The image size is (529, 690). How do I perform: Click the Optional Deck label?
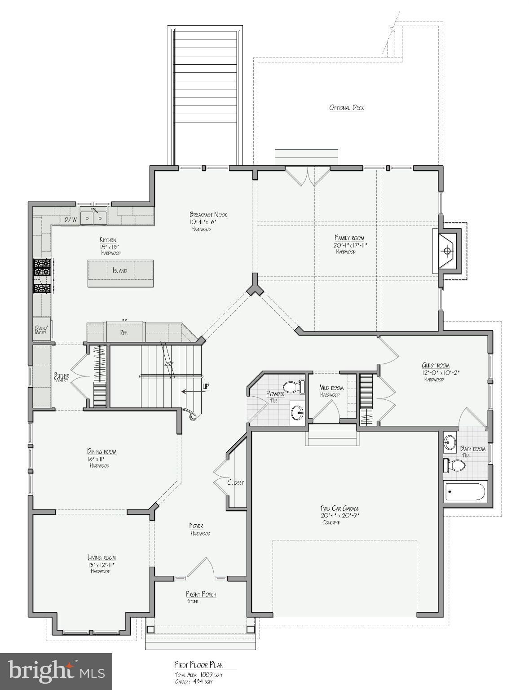(346, 108)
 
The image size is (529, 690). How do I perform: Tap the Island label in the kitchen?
(120, 270)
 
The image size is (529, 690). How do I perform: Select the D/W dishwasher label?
(70, 220)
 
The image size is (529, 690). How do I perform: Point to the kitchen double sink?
(94, 218)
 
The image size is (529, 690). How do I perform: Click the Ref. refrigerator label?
(124, 333)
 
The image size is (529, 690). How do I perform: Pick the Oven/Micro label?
(41, 330)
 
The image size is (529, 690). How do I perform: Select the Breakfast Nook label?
(208, 215)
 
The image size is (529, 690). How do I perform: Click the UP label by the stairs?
(206, 386)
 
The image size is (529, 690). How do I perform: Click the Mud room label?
(331, 388)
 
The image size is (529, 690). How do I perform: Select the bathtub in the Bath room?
(465, 492)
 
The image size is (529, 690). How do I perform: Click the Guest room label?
(435, 365)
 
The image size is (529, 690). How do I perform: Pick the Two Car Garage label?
(340, 509)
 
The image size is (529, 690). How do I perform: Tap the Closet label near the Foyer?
(236, 482)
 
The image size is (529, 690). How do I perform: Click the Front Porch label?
(202, 594)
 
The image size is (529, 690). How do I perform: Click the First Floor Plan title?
(198, 665)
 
